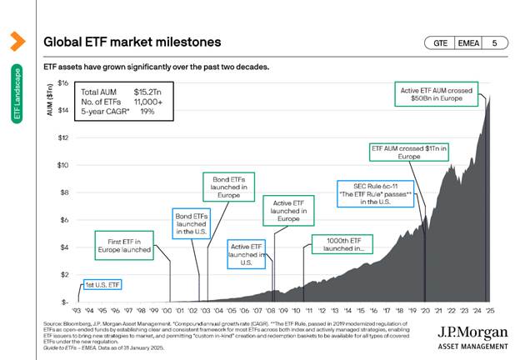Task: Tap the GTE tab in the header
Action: (439, 42)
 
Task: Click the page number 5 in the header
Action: (495, 42)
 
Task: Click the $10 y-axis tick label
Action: (62, 165)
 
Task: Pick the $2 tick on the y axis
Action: (63, 274)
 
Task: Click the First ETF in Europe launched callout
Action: (123, 245)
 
